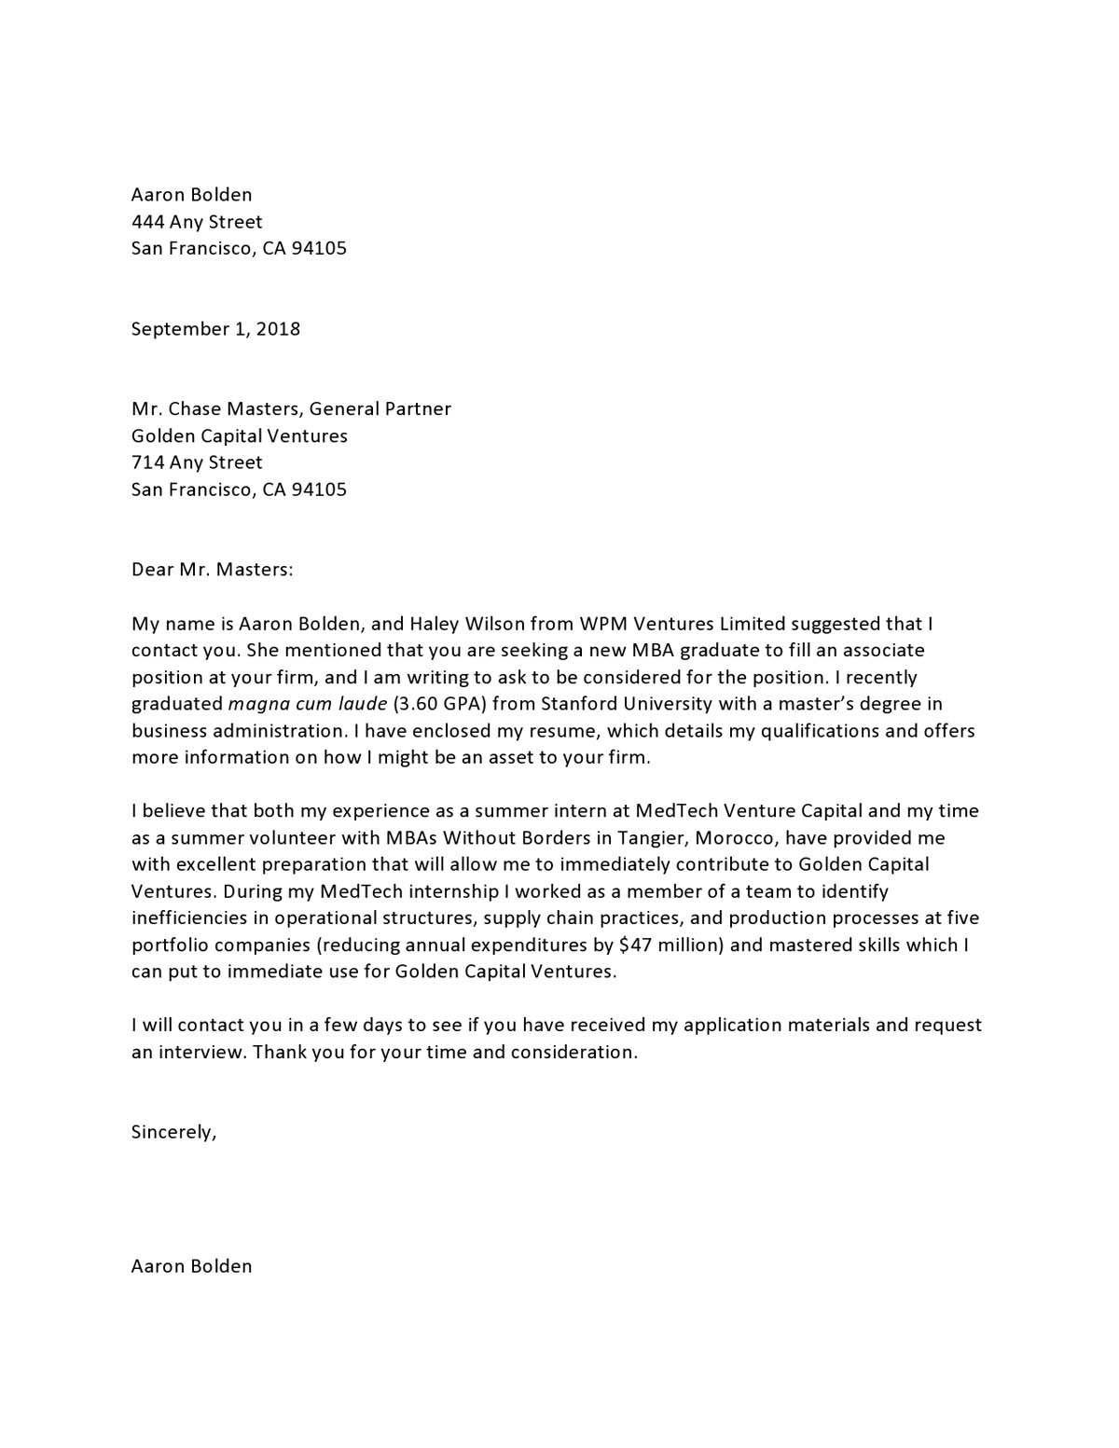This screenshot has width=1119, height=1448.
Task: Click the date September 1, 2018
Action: [215, 329]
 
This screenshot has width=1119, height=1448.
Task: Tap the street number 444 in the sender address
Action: [147, 222]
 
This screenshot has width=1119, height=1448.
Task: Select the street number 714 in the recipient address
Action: [147, 462]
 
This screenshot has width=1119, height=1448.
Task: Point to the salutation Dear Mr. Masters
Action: [212, 570]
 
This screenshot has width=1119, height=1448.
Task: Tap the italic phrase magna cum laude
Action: [307, 704]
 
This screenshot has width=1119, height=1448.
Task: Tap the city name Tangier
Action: [651, 838]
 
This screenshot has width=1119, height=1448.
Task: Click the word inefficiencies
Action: [190, 918]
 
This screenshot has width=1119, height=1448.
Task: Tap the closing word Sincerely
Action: [173, 1133]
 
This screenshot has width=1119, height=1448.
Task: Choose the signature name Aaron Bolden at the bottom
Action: [191, 1266]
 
